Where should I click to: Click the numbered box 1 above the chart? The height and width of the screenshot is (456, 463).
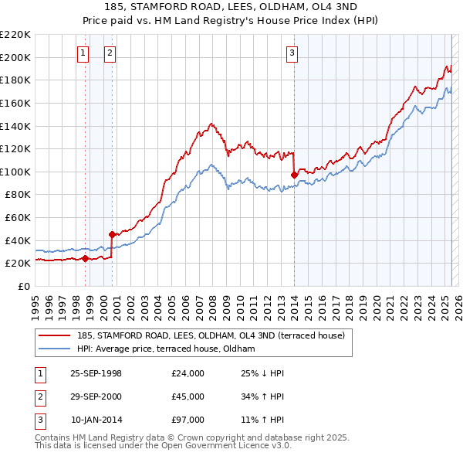83,53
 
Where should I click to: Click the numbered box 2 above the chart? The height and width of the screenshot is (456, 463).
110,53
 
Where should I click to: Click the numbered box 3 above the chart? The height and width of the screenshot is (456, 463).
292,53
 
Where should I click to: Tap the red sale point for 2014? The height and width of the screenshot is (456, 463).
294,175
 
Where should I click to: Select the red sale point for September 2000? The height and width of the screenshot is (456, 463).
112,234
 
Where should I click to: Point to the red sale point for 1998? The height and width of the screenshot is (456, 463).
85,258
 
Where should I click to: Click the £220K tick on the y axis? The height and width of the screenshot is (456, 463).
15,35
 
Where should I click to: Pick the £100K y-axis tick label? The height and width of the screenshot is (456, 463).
15,172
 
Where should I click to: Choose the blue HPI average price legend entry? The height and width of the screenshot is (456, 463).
171,349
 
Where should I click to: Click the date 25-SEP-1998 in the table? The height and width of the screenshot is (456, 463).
96,373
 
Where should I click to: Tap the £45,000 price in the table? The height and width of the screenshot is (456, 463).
188,396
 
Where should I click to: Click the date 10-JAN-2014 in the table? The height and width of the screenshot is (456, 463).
96,420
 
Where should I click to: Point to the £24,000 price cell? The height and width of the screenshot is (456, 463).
188,373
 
